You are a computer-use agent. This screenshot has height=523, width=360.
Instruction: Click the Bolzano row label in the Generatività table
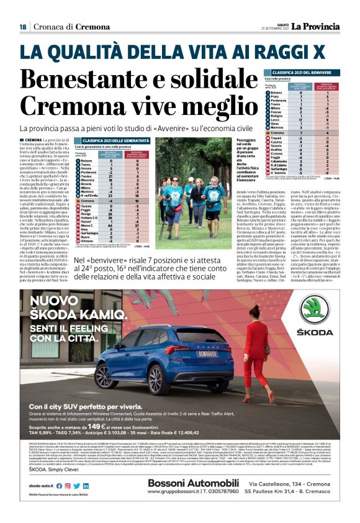pos(86,160)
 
